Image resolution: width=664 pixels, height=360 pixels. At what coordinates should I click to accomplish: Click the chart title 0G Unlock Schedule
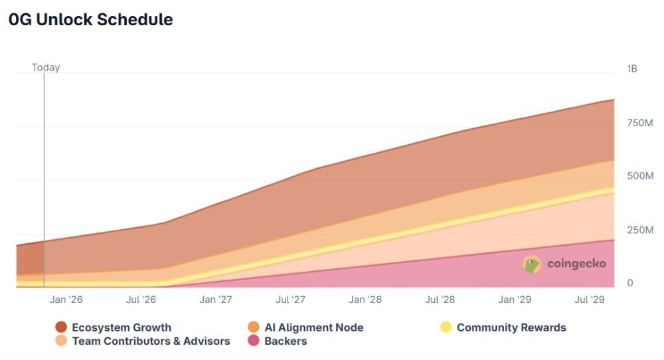90,20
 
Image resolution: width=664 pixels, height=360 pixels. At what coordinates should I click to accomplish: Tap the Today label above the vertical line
46,67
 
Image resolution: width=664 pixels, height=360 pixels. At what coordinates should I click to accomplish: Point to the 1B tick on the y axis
631,68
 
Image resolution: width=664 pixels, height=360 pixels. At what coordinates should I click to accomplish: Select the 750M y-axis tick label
640,122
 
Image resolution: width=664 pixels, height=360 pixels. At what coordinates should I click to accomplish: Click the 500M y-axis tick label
640,176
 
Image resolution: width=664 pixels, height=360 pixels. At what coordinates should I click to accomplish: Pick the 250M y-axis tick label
640,230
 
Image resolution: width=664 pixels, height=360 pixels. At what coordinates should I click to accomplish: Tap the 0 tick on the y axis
630,283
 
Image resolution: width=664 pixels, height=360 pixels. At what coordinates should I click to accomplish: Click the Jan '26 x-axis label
66,300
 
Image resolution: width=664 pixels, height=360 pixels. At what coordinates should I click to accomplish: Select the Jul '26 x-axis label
141,300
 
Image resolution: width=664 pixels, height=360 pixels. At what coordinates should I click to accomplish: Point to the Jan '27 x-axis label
216,300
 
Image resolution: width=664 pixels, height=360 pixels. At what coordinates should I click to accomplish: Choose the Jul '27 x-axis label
290,300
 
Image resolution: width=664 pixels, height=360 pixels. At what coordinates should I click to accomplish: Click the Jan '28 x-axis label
365,300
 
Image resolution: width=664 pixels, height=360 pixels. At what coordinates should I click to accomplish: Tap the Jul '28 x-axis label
440,300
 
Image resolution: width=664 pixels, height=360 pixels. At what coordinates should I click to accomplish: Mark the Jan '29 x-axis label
515,300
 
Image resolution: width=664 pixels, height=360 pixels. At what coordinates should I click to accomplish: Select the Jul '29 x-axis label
590,300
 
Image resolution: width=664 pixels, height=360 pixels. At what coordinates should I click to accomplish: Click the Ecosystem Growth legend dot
61,327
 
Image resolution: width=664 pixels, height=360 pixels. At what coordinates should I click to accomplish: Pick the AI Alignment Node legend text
313,327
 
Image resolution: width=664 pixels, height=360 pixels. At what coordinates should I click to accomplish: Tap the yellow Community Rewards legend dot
446,327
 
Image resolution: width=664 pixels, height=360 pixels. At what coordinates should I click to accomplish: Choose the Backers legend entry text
286,341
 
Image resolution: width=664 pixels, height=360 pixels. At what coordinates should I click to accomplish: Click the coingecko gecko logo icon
532,264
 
